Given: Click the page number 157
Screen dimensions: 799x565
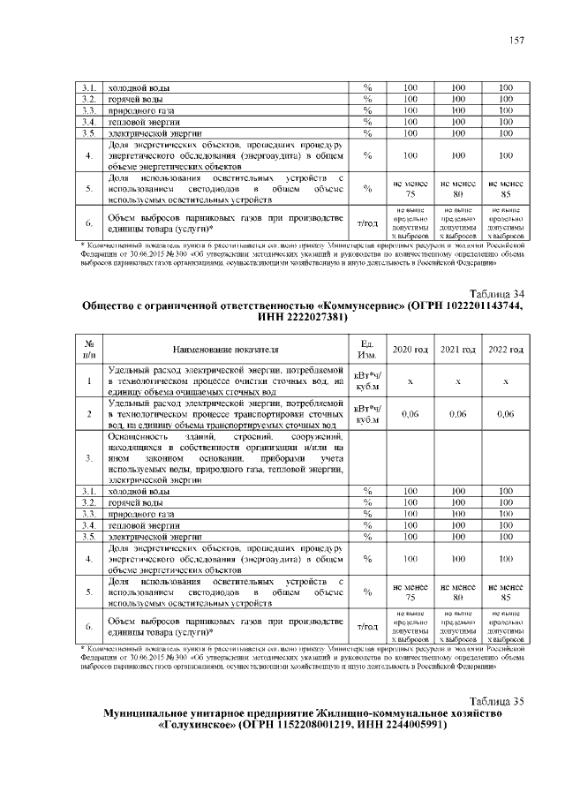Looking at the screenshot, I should (516, 41).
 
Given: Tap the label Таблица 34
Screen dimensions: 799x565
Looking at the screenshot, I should (498, 294).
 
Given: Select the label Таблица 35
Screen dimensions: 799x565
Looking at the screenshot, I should (498, 701).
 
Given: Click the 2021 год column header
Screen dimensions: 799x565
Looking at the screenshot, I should (457, 350).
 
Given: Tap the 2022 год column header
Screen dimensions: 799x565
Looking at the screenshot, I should (505, 350).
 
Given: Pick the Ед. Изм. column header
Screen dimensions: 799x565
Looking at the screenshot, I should (365, 350).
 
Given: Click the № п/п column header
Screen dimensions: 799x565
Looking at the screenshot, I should (88, 350).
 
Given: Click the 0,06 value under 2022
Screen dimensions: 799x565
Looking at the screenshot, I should (505, 413).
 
